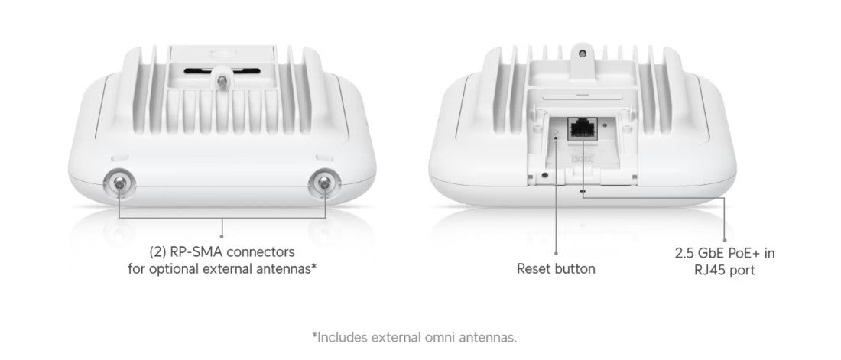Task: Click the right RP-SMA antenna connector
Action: pos(323,183)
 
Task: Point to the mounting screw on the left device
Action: pos(222,80)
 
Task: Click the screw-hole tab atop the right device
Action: pos(584,55)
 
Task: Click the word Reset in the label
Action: pos(535,268)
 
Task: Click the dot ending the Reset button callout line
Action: pos(556,253)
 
